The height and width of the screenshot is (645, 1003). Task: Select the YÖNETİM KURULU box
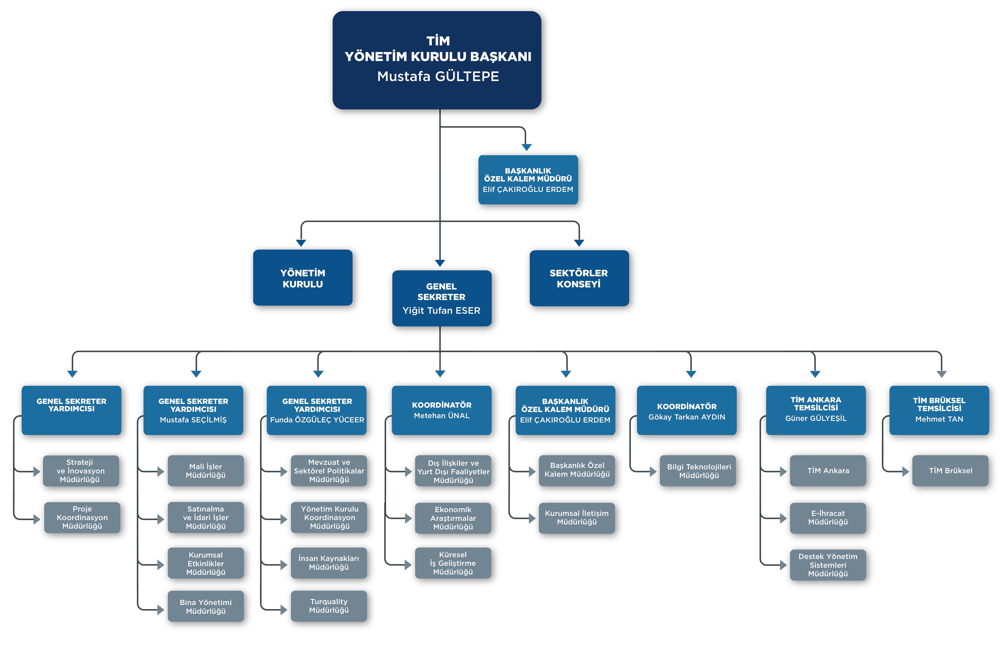click(x=303, y=278)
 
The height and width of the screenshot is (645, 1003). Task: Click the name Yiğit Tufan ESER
click(x=441, y=310)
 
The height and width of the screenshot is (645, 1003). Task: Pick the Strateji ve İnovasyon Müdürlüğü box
click(x=80, y=471)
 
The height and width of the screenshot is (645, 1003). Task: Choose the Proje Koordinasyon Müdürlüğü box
click(x=82, y=518)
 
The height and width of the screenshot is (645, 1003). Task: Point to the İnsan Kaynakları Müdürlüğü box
click(x=329, y=563)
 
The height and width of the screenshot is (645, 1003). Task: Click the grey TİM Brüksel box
click(x=950, y=471)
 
